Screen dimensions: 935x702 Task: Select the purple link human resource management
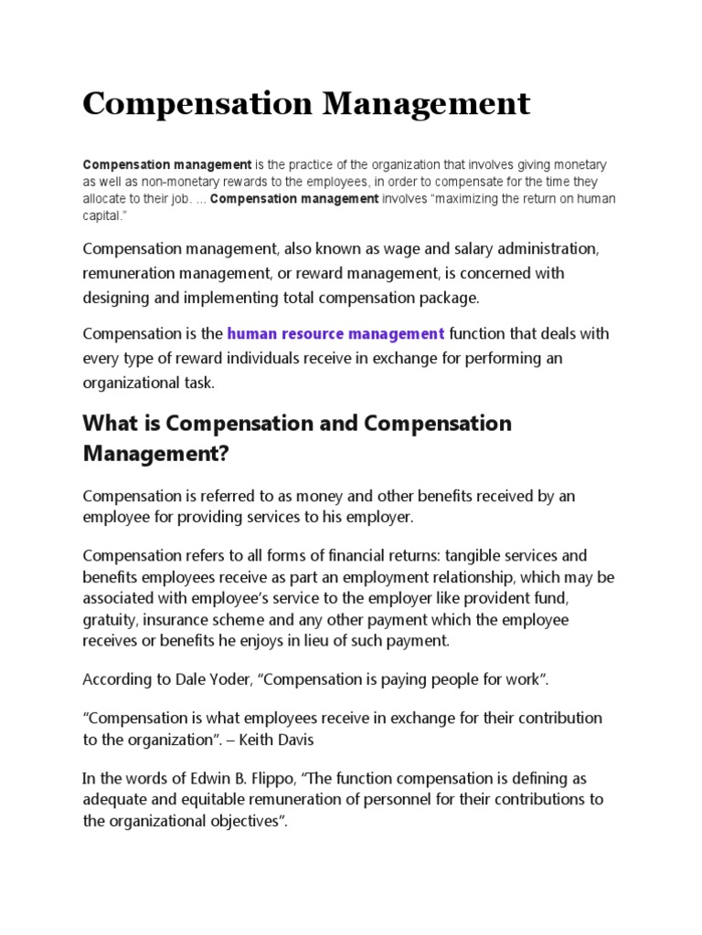point(335,333)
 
